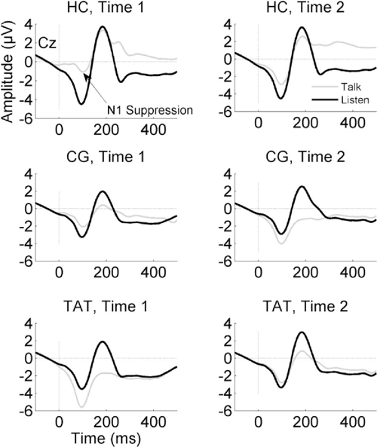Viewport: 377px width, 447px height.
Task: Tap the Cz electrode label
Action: point(47,44)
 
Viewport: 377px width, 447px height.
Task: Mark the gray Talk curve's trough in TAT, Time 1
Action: point(81,407)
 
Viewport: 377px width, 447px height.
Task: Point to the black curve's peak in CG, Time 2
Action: point(302,187)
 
